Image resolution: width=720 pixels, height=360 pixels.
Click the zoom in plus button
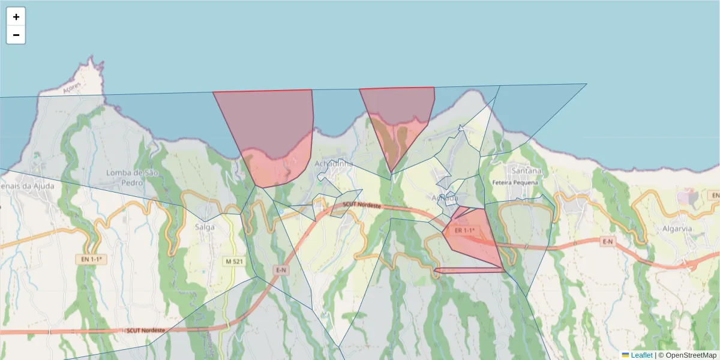[16, 17]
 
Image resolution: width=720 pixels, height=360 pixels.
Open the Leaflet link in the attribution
[641, 355]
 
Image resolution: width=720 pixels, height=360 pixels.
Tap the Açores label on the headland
[71, 88]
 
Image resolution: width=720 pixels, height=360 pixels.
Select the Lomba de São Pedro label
[127, 177]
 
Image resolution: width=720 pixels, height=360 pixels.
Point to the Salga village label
[205, 226]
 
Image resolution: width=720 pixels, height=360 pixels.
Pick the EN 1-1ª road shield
[91, 259]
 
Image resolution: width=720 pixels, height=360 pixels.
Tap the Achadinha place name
[333, 163]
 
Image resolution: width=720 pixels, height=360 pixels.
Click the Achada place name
[445, 197]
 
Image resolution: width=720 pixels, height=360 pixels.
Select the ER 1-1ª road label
[464, 230]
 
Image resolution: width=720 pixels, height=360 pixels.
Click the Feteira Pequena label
[517, 181]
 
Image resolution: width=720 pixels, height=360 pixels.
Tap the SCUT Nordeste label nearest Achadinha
[362, 205]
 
